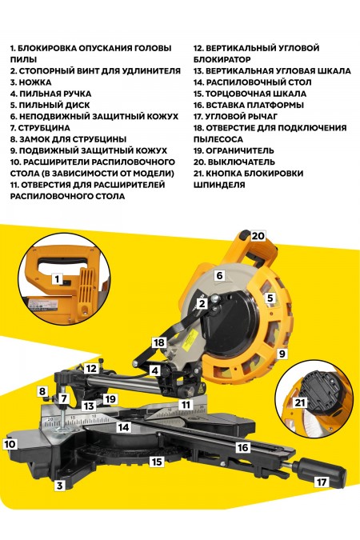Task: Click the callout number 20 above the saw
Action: [257, 236]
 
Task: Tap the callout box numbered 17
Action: [322, 482]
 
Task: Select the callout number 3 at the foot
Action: [58, 485]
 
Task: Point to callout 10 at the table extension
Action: [10, 442]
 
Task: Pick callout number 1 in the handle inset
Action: [57, 279]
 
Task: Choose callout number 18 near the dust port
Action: [159, 342]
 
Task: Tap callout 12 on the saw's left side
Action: [92, 369]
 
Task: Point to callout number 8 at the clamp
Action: [42, 390]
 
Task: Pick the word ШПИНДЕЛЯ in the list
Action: [219, 185]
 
